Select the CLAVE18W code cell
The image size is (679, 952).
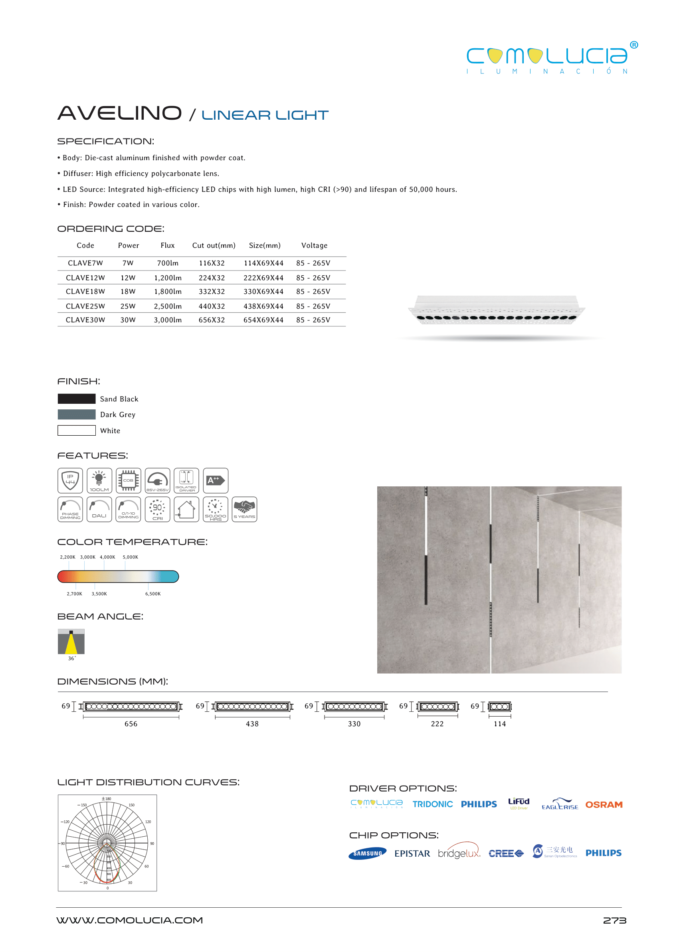tap(85, 292)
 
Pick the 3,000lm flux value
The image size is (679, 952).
tap(168, 320)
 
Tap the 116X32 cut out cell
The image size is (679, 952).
tap(212, 263)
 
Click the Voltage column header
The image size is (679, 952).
tap(314, 246)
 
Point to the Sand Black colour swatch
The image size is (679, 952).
tap(77, 399)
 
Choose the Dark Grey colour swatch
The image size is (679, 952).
tap(77, 415)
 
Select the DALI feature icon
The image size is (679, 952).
tap(99, 510)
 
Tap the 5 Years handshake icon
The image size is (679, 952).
tap(244, 510)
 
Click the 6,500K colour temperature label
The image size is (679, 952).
tap(152, 594)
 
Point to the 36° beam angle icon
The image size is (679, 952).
tap(71, 642)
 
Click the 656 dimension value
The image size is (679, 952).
tap(131, 724)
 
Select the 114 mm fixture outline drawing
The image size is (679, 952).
tap(500, 707)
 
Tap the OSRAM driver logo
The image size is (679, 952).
tap(603, 804)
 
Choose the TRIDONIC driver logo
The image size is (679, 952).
tap(432, 804)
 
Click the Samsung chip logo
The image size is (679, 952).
tap(367, 853)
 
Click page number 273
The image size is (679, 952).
tap(614, 920)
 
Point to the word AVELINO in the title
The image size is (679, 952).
tap(120, 113)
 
